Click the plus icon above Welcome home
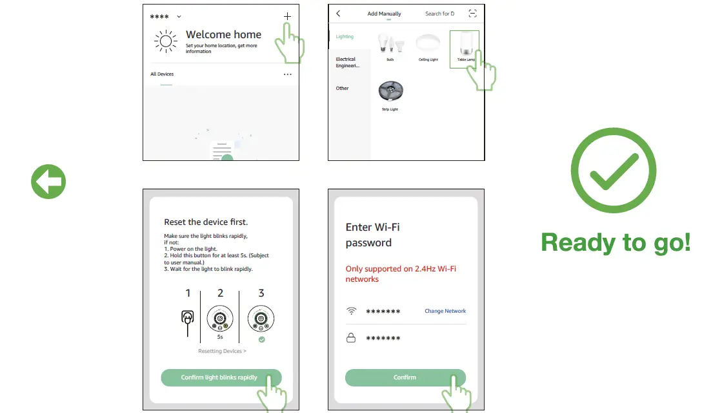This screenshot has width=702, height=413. [x=287, y=16]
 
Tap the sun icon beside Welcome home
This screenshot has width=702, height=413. [x=166, y=42]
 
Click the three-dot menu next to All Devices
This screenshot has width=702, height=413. [x=287, y=74]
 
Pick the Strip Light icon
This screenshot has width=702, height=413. [x=390, y=92]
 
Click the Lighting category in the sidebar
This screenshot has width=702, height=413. [x=345, y=37]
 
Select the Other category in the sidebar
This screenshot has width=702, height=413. [x=342, y=89]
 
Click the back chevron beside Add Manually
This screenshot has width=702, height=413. [x=338, y=14]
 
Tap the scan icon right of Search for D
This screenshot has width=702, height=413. [x=473, y=14]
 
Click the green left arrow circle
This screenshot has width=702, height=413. [x=48, y=182]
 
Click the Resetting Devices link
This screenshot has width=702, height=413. [x=222, y=351]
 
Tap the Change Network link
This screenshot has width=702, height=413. [x=445, y=311]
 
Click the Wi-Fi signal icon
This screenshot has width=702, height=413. [x=351, y=311]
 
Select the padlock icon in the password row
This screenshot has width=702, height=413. [x=351, y=337]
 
